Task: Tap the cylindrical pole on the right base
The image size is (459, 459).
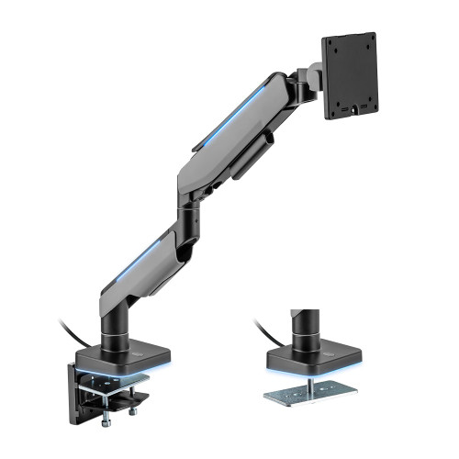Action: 299,330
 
